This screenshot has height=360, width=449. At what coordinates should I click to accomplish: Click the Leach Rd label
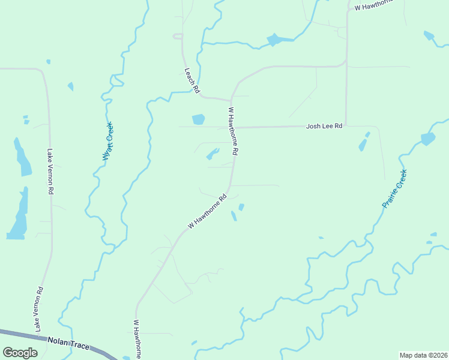(191, 80)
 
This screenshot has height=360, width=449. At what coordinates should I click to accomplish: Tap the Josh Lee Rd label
(324, 126)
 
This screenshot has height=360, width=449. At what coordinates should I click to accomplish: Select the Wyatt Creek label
(107, 140)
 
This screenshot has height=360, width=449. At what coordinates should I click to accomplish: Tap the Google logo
(20, 353)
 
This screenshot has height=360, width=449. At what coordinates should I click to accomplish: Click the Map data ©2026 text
(423, 355)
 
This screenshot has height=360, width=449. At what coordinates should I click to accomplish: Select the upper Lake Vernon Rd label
(50, 172)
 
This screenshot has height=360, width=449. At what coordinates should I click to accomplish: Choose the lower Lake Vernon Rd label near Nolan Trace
(39, 309)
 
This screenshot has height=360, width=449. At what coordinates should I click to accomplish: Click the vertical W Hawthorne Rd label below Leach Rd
(233, 132)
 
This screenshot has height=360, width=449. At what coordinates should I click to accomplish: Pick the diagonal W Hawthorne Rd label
(207, 211)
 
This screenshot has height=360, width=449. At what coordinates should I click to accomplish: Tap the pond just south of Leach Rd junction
(198, 119)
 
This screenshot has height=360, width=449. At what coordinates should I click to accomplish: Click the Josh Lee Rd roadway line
(276, 127)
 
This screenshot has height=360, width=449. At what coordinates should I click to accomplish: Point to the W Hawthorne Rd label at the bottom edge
(137, 339)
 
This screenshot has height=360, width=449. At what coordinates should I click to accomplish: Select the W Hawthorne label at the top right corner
(373, 5)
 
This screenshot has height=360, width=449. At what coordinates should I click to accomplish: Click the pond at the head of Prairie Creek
(427, 139)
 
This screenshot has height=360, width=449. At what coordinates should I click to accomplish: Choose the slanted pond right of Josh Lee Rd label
(363, 145)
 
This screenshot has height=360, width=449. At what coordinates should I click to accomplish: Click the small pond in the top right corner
(429, 35)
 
